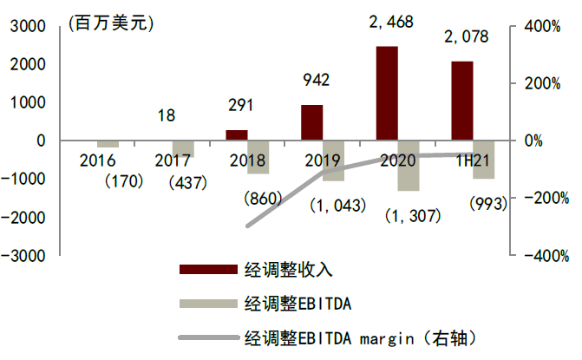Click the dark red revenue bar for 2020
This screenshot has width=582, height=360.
387,93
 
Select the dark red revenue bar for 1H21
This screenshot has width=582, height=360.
462,101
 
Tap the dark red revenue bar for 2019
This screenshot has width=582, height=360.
312,122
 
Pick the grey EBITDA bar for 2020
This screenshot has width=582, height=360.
409,165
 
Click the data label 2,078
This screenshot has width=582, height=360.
466,37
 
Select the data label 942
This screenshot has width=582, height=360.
316,82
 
